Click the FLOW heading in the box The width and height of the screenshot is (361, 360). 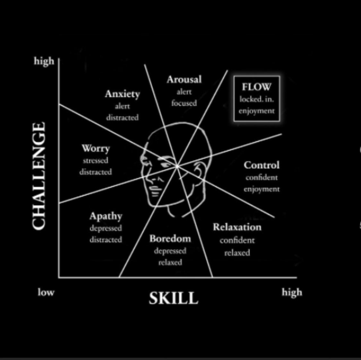[x=256, y=87]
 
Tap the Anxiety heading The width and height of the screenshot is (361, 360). [x=123, y=94]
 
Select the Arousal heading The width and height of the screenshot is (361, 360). [x=184, y=80]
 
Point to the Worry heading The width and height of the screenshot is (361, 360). [x=96, y=149]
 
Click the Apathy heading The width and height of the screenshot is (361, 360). [x=106, y=216]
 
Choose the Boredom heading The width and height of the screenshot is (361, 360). [x=170, y=238]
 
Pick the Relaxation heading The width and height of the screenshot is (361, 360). [x=237, y=227]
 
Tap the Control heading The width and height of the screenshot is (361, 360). [x=262, y=165]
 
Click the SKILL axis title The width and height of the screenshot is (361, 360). [x=173, y=298]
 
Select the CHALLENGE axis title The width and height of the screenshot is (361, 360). [x=39, y=176]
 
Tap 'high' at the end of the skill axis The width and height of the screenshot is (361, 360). [x=292, y=293]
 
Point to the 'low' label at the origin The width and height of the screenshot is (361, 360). [x=46, y=292]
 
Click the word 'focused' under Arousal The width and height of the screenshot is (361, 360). [x=184, y=103]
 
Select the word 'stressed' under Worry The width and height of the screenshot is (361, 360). [x=96, y=160]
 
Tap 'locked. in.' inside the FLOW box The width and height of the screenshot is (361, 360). [x=256, y=99]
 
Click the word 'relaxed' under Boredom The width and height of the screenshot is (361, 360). [x=170, y=262]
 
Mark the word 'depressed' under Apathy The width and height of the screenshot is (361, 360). [x=106, y=228]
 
